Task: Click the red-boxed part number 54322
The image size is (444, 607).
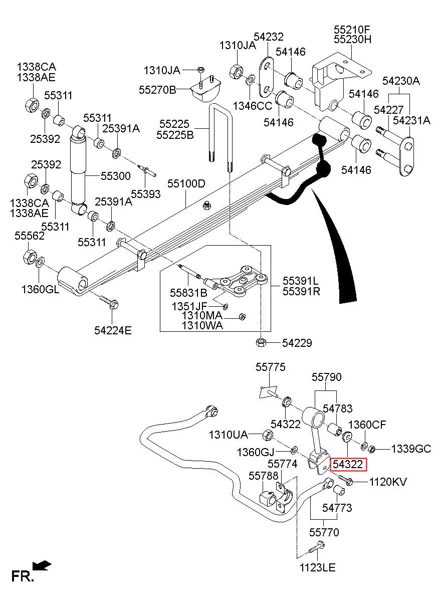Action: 348,465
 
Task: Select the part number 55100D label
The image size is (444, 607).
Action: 186,184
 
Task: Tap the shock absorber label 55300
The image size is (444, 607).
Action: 115,176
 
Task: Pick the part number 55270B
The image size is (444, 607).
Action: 157,90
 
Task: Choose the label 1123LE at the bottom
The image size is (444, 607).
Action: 318,568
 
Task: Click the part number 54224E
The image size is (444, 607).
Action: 113,330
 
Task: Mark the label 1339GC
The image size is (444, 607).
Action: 411,449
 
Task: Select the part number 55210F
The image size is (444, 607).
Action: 351,30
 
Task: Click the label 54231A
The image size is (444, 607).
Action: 411,120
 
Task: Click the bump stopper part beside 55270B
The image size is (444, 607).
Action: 206,90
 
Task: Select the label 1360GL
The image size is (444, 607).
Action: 40,289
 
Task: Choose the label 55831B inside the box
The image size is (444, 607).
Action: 188,292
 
